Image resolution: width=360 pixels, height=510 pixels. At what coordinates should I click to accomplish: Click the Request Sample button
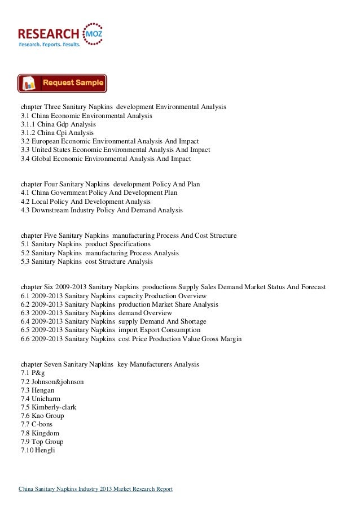(62, 83)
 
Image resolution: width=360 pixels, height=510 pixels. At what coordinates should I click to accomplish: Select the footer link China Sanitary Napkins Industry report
(96, 489)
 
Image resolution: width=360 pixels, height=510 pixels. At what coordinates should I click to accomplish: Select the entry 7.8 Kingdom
(39, 433)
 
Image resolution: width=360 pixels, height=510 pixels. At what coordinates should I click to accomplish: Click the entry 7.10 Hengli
(38, 450)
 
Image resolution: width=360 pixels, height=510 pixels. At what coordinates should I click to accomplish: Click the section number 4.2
(25, 202)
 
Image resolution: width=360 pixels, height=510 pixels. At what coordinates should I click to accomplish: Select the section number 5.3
(25, 261)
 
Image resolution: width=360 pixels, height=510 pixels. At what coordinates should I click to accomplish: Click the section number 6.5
(25, 330)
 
